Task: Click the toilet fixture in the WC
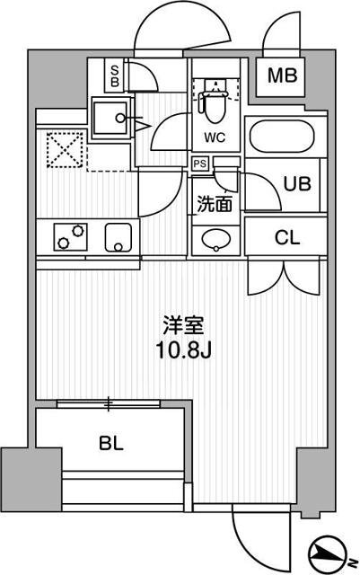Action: [x=215, y=106]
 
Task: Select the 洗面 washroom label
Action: [x=215, y=204]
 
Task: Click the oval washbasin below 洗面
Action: [x=215, y=240]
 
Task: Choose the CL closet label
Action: [x=287, y=238]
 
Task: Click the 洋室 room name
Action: [x=179, y=323]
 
